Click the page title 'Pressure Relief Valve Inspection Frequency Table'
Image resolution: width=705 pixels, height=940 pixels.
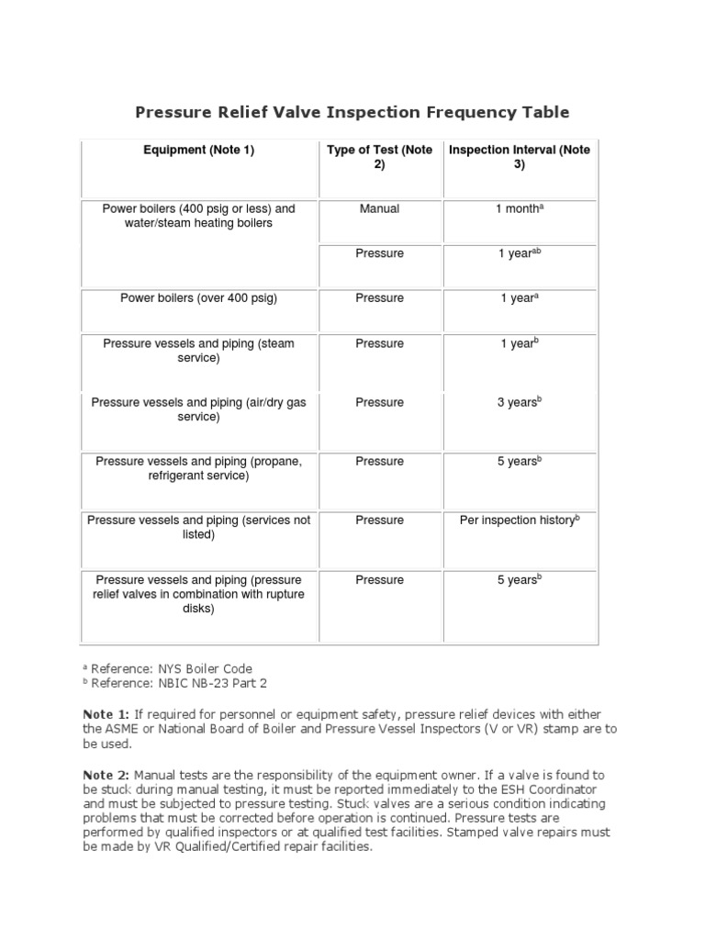(352, 113)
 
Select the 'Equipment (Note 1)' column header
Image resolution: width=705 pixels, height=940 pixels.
(198, 151)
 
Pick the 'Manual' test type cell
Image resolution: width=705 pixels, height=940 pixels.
(379, 209)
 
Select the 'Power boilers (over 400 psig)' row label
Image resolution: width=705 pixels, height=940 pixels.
(198, 298)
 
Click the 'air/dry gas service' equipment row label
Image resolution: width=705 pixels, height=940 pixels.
(198, 409)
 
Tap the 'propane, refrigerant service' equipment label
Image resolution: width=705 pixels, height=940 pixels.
(198, 468)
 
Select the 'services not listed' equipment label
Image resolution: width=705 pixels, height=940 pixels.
(198, 527)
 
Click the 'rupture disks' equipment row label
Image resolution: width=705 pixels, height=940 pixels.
(198, 594)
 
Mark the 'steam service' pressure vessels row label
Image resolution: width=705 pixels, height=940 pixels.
(198, 351)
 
